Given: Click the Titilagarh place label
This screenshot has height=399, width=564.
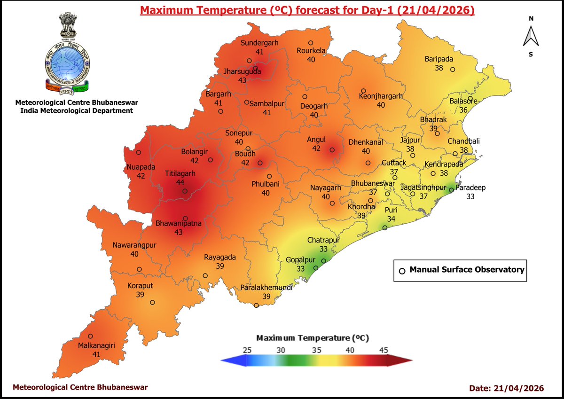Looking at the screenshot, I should coord(180,173).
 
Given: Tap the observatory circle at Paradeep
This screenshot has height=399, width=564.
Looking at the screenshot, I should coord(451,190).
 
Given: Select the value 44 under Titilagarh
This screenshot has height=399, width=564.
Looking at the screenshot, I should coord(180,182).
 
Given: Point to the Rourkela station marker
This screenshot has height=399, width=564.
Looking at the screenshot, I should coord(311,43).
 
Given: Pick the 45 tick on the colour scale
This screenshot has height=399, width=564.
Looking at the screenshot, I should coord(384,350).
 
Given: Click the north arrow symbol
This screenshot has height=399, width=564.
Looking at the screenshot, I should coord(530,37).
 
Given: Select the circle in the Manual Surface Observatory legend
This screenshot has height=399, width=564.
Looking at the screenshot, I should coord(402,271).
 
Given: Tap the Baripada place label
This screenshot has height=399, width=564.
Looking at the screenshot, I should coord(439,59).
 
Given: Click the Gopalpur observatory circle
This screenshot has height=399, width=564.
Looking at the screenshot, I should coord(316,268).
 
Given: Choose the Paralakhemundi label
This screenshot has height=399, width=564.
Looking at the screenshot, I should coord(266,288).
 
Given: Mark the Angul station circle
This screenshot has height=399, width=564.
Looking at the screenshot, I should coord(332,150).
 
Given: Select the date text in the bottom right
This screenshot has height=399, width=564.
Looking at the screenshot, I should coord(506,388).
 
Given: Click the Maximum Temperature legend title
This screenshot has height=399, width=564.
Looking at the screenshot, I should coord(312,338).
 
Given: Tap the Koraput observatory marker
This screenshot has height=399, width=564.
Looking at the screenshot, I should coord(152,302).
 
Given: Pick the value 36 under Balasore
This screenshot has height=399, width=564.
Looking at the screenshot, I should coord(463,110).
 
